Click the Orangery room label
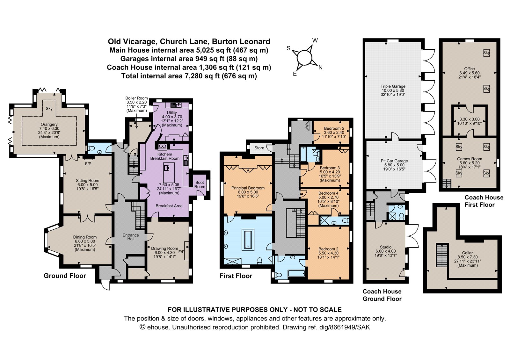49,125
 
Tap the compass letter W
315,40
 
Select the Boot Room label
200,184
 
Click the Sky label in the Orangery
49,109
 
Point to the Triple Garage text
393,86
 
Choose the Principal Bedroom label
248,188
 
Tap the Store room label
259,148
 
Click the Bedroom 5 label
334,128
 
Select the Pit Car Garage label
394,161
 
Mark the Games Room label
470,159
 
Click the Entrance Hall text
131,237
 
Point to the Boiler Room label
136,98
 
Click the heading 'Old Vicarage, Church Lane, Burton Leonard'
189,41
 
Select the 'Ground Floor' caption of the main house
65,276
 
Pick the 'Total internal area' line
189,76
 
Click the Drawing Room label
164,248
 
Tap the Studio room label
386,247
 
